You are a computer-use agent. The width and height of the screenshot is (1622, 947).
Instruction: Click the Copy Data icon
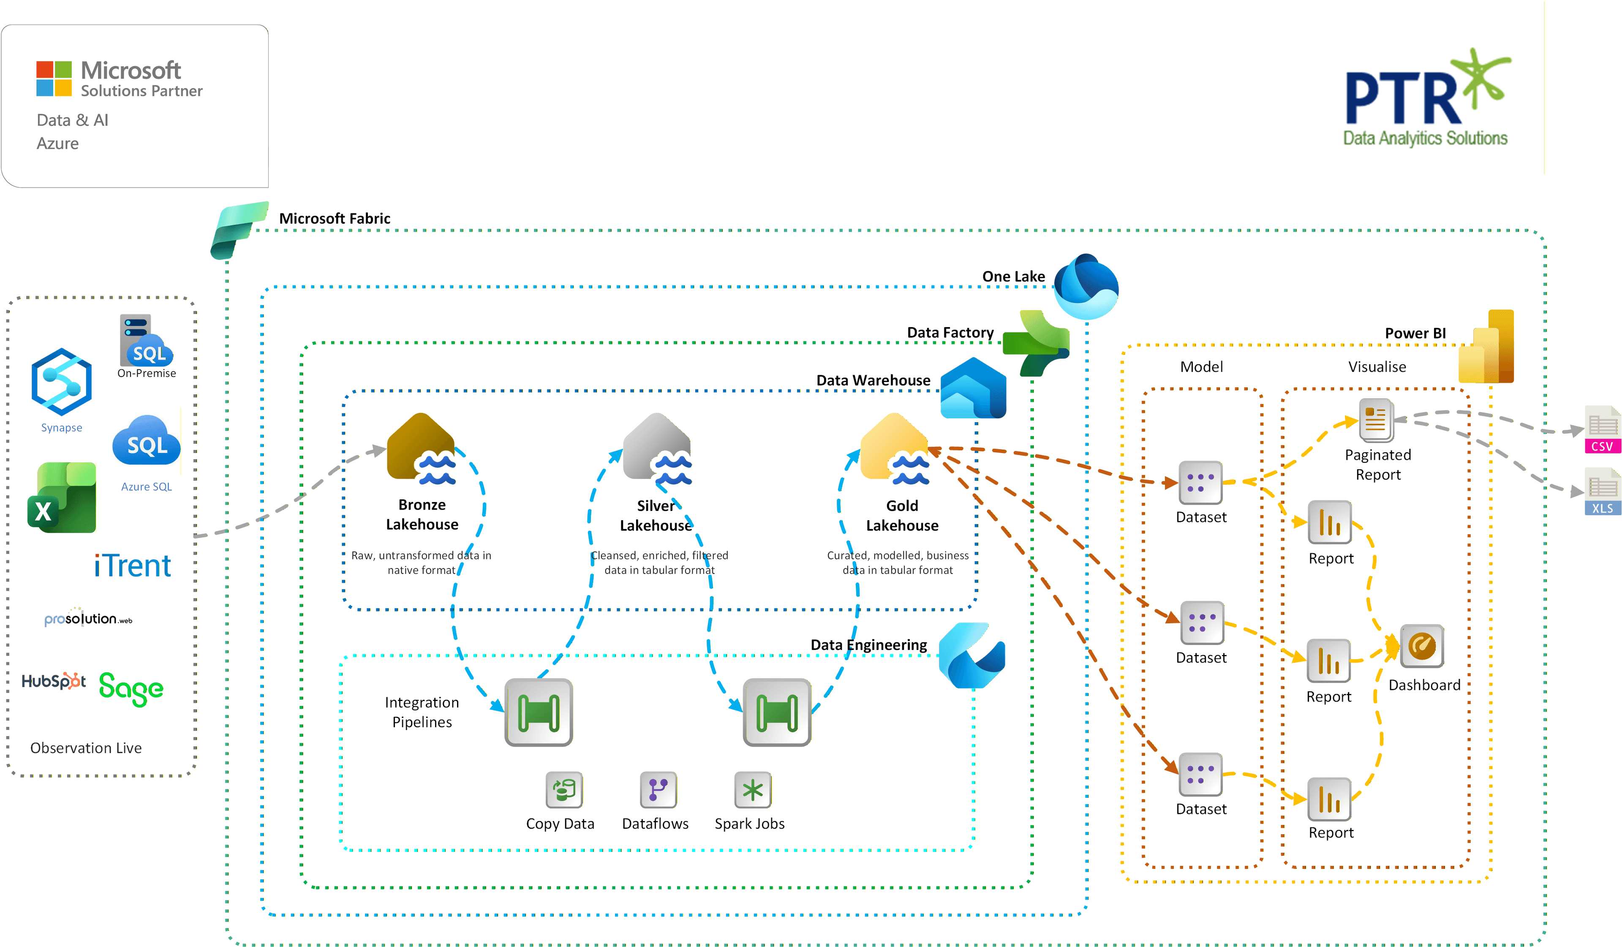coord(564,789)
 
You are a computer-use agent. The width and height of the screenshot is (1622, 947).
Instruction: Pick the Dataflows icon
coord(658,789)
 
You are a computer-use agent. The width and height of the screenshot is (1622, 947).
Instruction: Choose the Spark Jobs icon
coord(752,789)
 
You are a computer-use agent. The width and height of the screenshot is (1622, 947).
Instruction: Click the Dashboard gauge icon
coord(1422,646)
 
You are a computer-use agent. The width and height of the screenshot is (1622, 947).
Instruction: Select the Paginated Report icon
coord(1376,420)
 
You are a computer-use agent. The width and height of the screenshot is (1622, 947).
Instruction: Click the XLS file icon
coord(1602,491)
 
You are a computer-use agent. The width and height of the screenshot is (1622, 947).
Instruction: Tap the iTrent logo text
coord(133,566)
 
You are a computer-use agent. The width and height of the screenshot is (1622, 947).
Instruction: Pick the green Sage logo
coord(131,688)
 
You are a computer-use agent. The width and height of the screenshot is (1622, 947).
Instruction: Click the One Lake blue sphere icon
coord(1086,287)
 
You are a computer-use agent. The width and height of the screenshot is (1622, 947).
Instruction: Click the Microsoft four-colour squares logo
coord(54,79)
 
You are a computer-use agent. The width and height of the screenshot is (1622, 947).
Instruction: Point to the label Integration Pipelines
coord(422,712)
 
